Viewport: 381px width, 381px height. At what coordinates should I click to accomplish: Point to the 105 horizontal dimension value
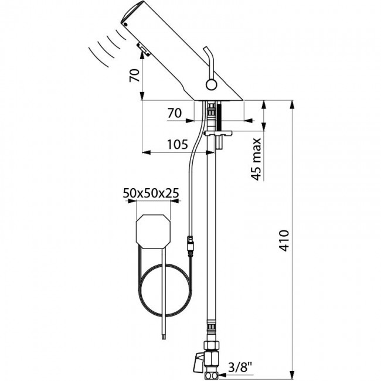pyautogui.click(x=176, y=144)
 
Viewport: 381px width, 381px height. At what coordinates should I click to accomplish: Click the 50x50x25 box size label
pyautogui.click(x=151, y=192)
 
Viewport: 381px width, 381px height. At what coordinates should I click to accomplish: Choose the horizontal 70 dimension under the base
pyautogui.click(x=174, y=114)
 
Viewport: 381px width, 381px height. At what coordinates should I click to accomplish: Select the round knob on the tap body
pyautogui.click(x=212, y=85)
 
